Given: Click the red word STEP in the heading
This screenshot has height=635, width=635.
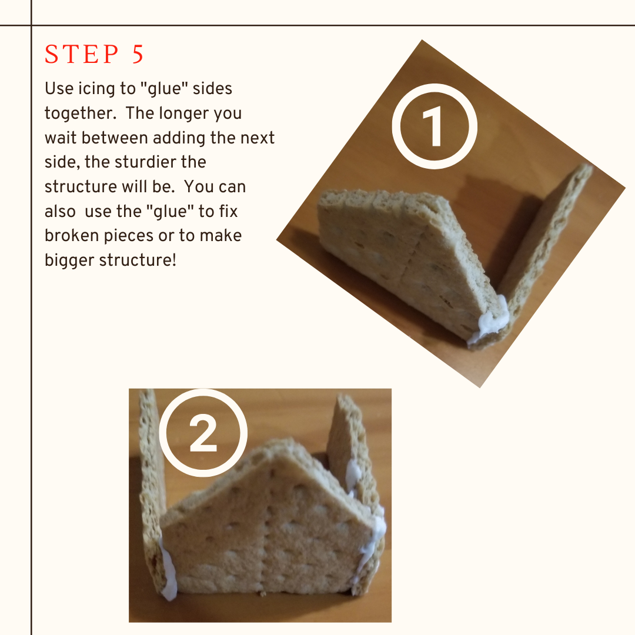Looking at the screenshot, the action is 81,54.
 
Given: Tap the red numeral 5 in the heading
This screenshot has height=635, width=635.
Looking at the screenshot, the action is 138,54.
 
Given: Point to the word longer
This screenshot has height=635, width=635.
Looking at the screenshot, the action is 183,114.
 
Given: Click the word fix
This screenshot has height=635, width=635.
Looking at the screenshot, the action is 228,211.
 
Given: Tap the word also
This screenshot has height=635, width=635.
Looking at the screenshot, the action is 60,211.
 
